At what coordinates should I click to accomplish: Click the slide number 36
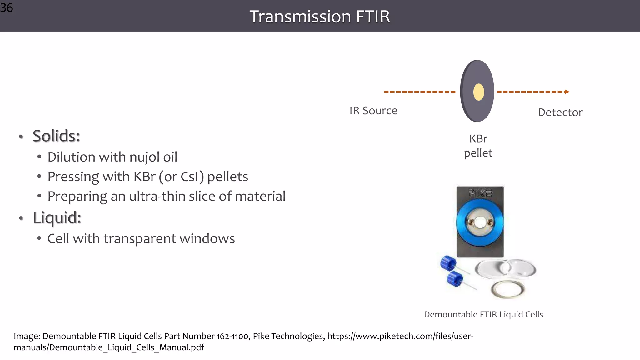pos(7,7)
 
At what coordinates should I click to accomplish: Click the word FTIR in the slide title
pos(373,17)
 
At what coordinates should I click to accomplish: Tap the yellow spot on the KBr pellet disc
pos(478,92)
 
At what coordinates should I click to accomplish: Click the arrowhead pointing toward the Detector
pos(567,92)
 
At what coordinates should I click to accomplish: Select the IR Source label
pos(373,111)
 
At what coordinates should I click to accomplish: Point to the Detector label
pos(560,112)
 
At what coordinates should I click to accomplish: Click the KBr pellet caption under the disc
pos(478,146)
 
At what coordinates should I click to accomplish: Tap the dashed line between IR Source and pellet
pos(419,92)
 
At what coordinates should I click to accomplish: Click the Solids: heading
pos(56,136)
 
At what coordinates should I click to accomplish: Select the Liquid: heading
pos(57,218)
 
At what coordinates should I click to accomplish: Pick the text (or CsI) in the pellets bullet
pos(181,177)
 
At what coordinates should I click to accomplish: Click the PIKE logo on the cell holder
pos(480,193)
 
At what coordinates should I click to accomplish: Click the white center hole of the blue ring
pos(480,222)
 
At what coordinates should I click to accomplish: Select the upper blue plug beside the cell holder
pos(448,263)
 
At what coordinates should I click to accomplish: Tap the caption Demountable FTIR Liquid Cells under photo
pos(483,315)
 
